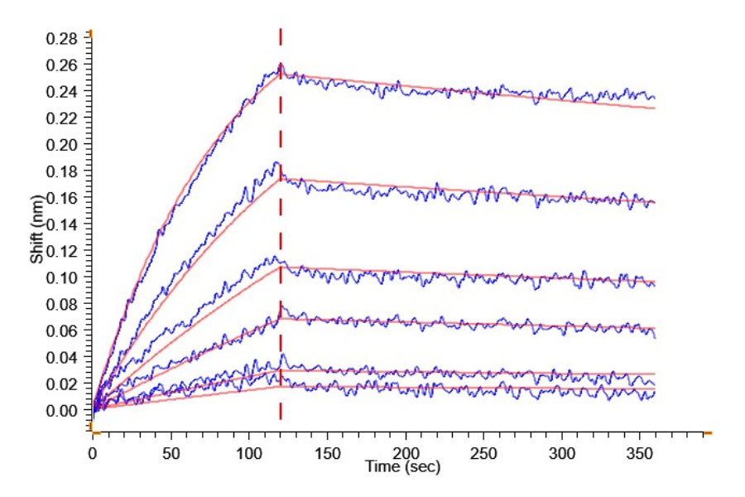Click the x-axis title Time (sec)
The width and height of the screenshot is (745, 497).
404,468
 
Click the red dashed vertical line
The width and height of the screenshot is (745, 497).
281,248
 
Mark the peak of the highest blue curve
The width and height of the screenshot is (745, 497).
281,64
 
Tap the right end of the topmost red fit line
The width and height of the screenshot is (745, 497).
655,109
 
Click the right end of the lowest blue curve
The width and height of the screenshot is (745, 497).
655,390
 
